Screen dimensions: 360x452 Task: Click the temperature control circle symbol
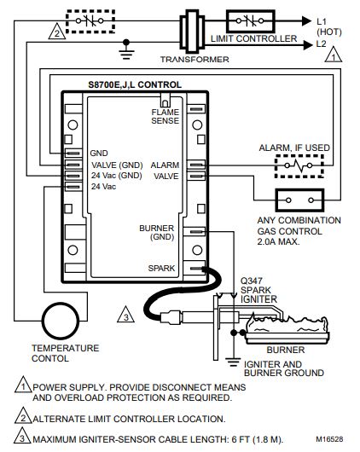[61, 303]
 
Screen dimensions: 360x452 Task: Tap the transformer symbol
[192, 32]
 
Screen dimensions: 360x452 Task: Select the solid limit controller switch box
[251, 21]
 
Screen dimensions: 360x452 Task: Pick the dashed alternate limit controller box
[90, 21]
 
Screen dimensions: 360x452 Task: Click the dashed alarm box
[299, 156]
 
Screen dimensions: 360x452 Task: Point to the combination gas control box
[299, 189]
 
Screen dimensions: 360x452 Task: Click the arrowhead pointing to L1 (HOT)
[307, 20]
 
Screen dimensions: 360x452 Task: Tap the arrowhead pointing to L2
[307, 45]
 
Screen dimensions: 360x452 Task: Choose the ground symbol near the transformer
[126, 50]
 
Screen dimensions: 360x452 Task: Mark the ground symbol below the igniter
[233, 362]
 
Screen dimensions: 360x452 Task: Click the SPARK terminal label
[161, 268]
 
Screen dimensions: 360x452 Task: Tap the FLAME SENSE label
[165, 117]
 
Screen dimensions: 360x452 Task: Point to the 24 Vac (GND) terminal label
[117, 176]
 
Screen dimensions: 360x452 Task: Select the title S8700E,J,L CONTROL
[135, 84]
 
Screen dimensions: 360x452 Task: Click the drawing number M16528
[329, 439]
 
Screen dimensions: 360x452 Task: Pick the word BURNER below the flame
[286, 350]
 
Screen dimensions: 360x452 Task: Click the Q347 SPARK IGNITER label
[258, 290]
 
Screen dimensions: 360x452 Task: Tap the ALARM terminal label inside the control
[165, 165]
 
